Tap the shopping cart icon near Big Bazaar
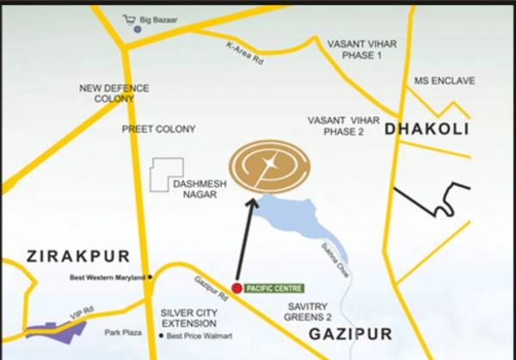pos(131,17)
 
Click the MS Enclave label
pos(444,80)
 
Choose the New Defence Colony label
pos(114,93)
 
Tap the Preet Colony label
pos(158,129)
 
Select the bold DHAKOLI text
pos(427,129)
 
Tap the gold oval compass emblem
pos(270,164)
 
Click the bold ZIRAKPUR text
pos(77,256)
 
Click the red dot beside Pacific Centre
pos(236,288)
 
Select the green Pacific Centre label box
pos(273,288)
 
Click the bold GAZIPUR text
pos(350,333)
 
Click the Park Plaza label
pos(123,331)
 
